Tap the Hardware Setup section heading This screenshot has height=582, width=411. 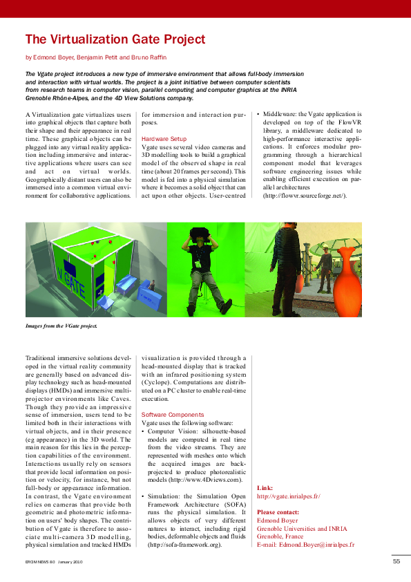coord(164,139)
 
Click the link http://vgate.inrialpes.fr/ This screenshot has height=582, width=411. coord(288,496)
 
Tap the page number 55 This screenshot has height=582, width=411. coord(396,561)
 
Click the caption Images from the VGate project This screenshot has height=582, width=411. coord(61,325)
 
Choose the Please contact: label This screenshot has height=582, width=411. coord(278,513)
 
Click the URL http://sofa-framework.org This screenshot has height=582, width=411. coord(182,545)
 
